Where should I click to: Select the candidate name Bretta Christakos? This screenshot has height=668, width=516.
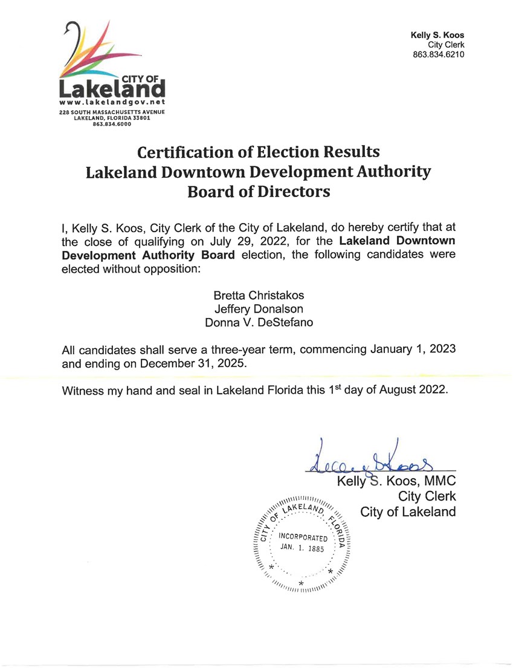point(259,296)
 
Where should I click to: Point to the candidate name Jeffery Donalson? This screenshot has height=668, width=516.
point(259,308)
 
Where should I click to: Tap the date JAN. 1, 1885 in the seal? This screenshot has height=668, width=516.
point(303,548)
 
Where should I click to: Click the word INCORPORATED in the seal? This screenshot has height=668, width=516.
point(303,537)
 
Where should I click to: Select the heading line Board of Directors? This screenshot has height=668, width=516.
point(259,192)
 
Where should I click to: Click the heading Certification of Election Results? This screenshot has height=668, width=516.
point(259,151)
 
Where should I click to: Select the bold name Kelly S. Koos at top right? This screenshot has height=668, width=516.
point(437,35)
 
